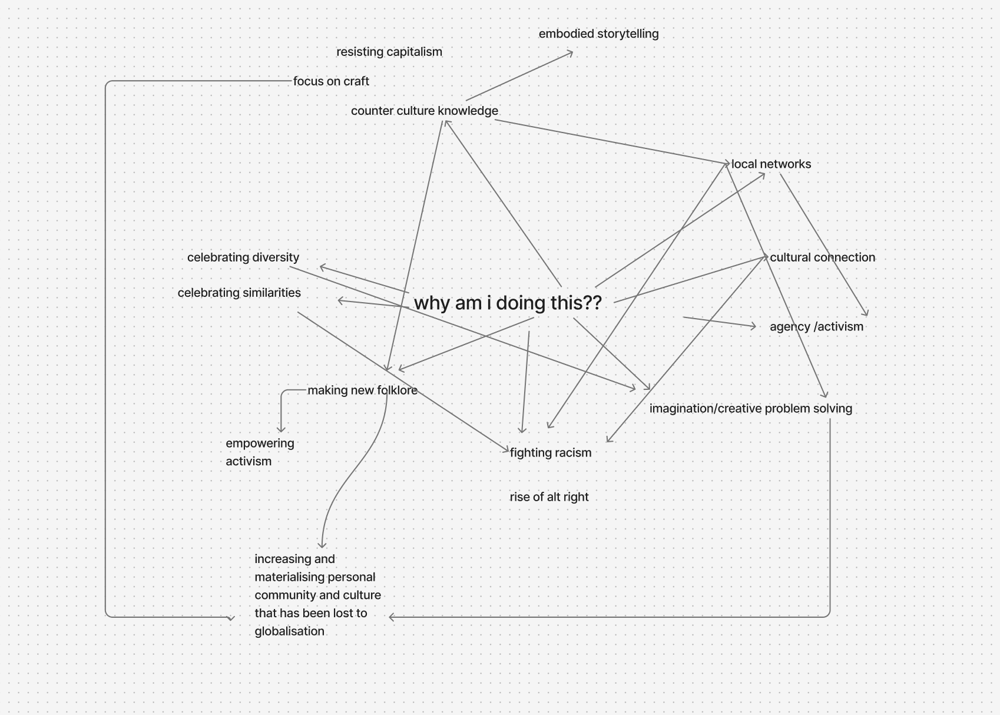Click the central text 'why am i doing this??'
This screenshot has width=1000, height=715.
tap(508, 303)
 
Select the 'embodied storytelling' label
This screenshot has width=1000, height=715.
tap(598, 34)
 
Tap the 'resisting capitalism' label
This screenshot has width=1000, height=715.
tap(389, 52)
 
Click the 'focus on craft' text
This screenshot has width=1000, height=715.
tap(331, 81)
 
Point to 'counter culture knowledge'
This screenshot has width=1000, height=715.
tap(424, 111)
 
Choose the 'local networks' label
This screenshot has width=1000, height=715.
tap(771, 164)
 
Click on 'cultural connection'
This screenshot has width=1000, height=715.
tap(822, 257)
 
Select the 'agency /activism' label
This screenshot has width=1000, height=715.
tap(816, 327)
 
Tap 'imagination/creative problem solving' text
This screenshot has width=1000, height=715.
tap(750, 409)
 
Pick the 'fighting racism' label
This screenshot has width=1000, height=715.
tap(551, 453)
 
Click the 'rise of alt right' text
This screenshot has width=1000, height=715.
tap(549, 497)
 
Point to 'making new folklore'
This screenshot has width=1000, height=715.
tap(362, 390)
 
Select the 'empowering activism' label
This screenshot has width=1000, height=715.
tap(259, 452)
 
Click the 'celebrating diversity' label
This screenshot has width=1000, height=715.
tap(243, 257)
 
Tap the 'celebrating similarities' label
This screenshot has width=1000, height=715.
tap(239, 293)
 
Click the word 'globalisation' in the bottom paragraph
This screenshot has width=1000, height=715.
tap(289, 631)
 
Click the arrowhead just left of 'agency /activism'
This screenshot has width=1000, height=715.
tap(754, 326)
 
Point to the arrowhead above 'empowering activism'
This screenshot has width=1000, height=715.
tap(282, 431)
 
